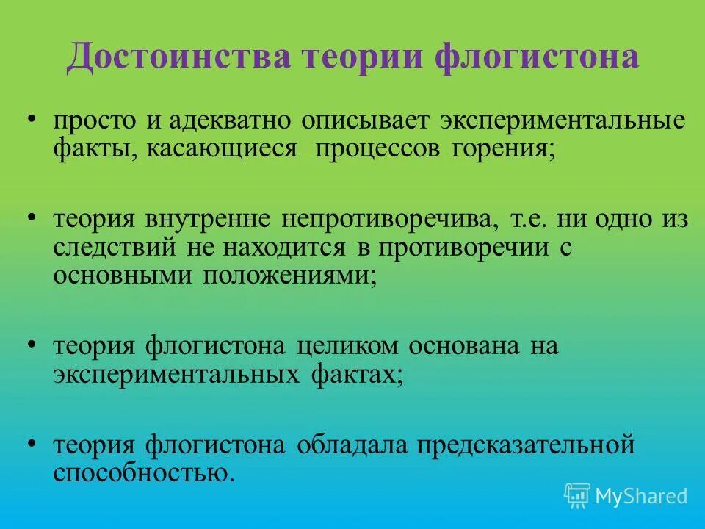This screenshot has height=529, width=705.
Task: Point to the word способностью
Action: tap(144, 472)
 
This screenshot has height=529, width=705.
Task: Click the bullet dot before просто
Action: tap(32, 120)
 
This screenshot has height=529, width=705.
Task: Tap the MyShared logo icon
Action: tap(577, 496)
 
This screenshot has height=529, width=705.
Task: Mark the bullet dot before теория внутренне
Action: tap(32, 219)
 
